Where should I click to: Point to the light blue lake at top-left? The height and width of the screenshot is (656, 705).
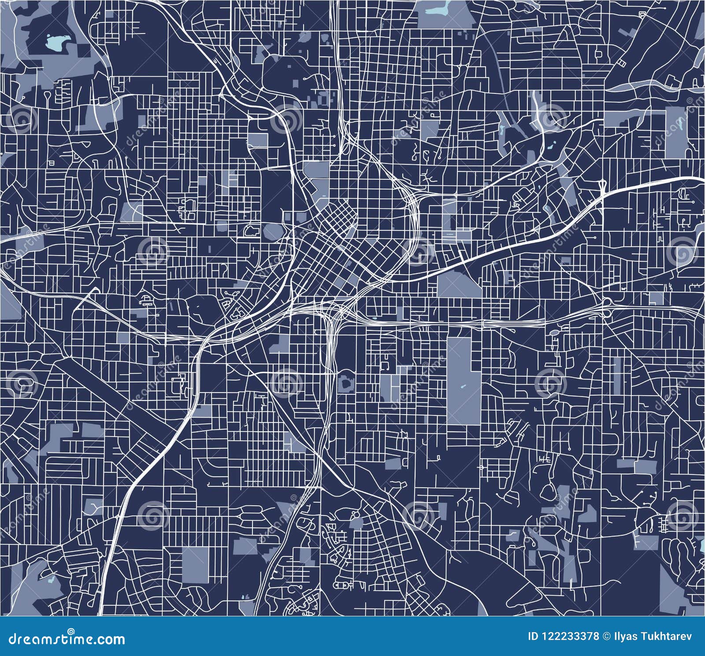pos(55,43)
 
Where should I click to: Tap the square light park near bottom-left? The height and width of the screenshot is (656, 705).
pos(196,563)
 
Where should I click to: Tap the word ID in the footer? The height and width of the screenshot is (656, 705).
pos(532,636)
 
